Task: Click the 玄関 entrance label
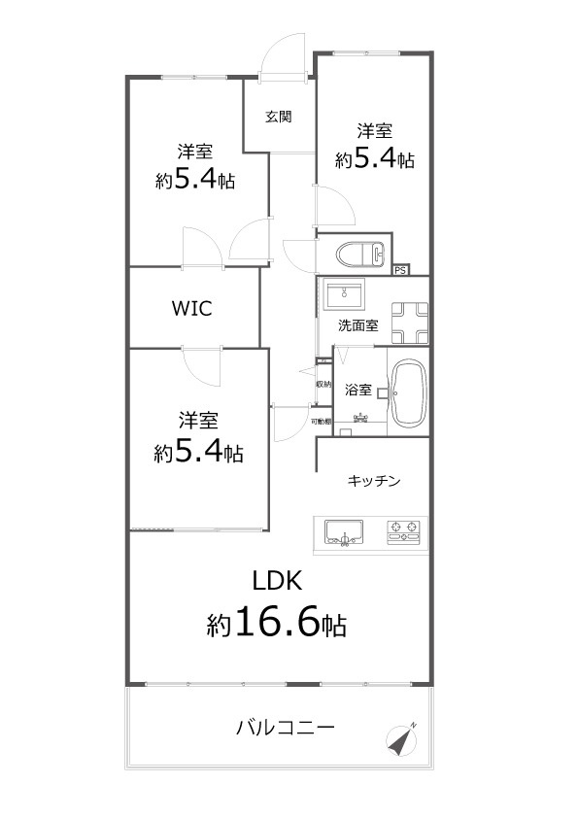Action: pyautogui.click(x=279, y=118)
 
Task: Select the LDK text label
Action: pyautogui.click(x=279, y=581)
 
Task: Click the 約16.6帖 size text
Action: pyautogui.click(x=277, y=624)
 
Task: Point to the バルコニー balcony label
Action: pyautogui.click(x=286, y=727)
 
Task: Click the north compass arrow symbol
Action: pyautogui.click(x=401, y=740)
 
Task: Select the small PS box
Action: pyautogui.click(x=401, y=270)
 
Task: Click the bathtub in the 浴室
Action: pyautogui.click(x=408, y=393)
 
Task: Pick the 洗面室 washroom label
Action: pyautogui.click(x=357, y=326)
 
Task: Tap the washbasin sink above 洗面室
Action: pyautogui.click(x=344, y=293)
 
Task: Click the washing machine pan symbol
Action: pyautogui.click(x=409, y=322)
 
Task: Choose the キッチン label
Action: pyautogui.click(x=374, y=480)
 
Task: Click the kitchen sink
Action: pyautogui.click(x=344, y=531)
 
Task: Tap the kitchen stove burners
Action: pyautogui.click(x=404, y=530)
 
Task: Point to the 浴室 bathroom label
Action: pyautogui.click(x=357, y=391)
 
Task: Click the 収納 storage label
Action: pyautogui.click(x=323, y=385)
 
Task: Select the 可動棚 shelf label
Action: pyautogui.click(x=322, y=422)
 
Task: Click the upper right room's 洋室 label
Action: pyautogui.click(x=374, y=130)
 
